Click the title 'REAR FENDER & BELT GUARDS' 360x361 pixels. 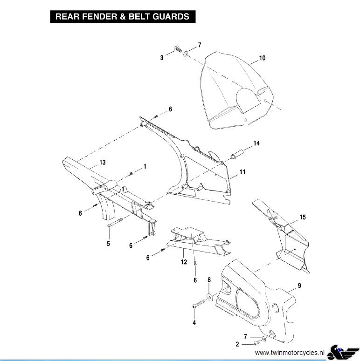[122, 16]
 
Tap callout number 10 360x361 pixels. [262, 58]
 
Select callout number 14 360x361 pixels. [256, 143]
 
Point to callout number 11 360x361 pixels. [242, 172]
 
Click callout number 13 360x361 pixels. [102, 163]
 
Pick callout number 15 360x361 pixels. [303, 218]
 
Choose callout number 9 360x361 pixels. [299, 285]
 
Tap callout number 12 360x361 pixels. [184, 263]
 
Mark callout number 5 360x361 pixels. [108, 243]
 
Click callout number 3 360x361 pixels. [162, 58]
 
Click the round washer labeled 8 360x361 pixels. [209, 297]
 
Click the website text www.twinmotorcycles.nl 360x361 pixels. [290, 353]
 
